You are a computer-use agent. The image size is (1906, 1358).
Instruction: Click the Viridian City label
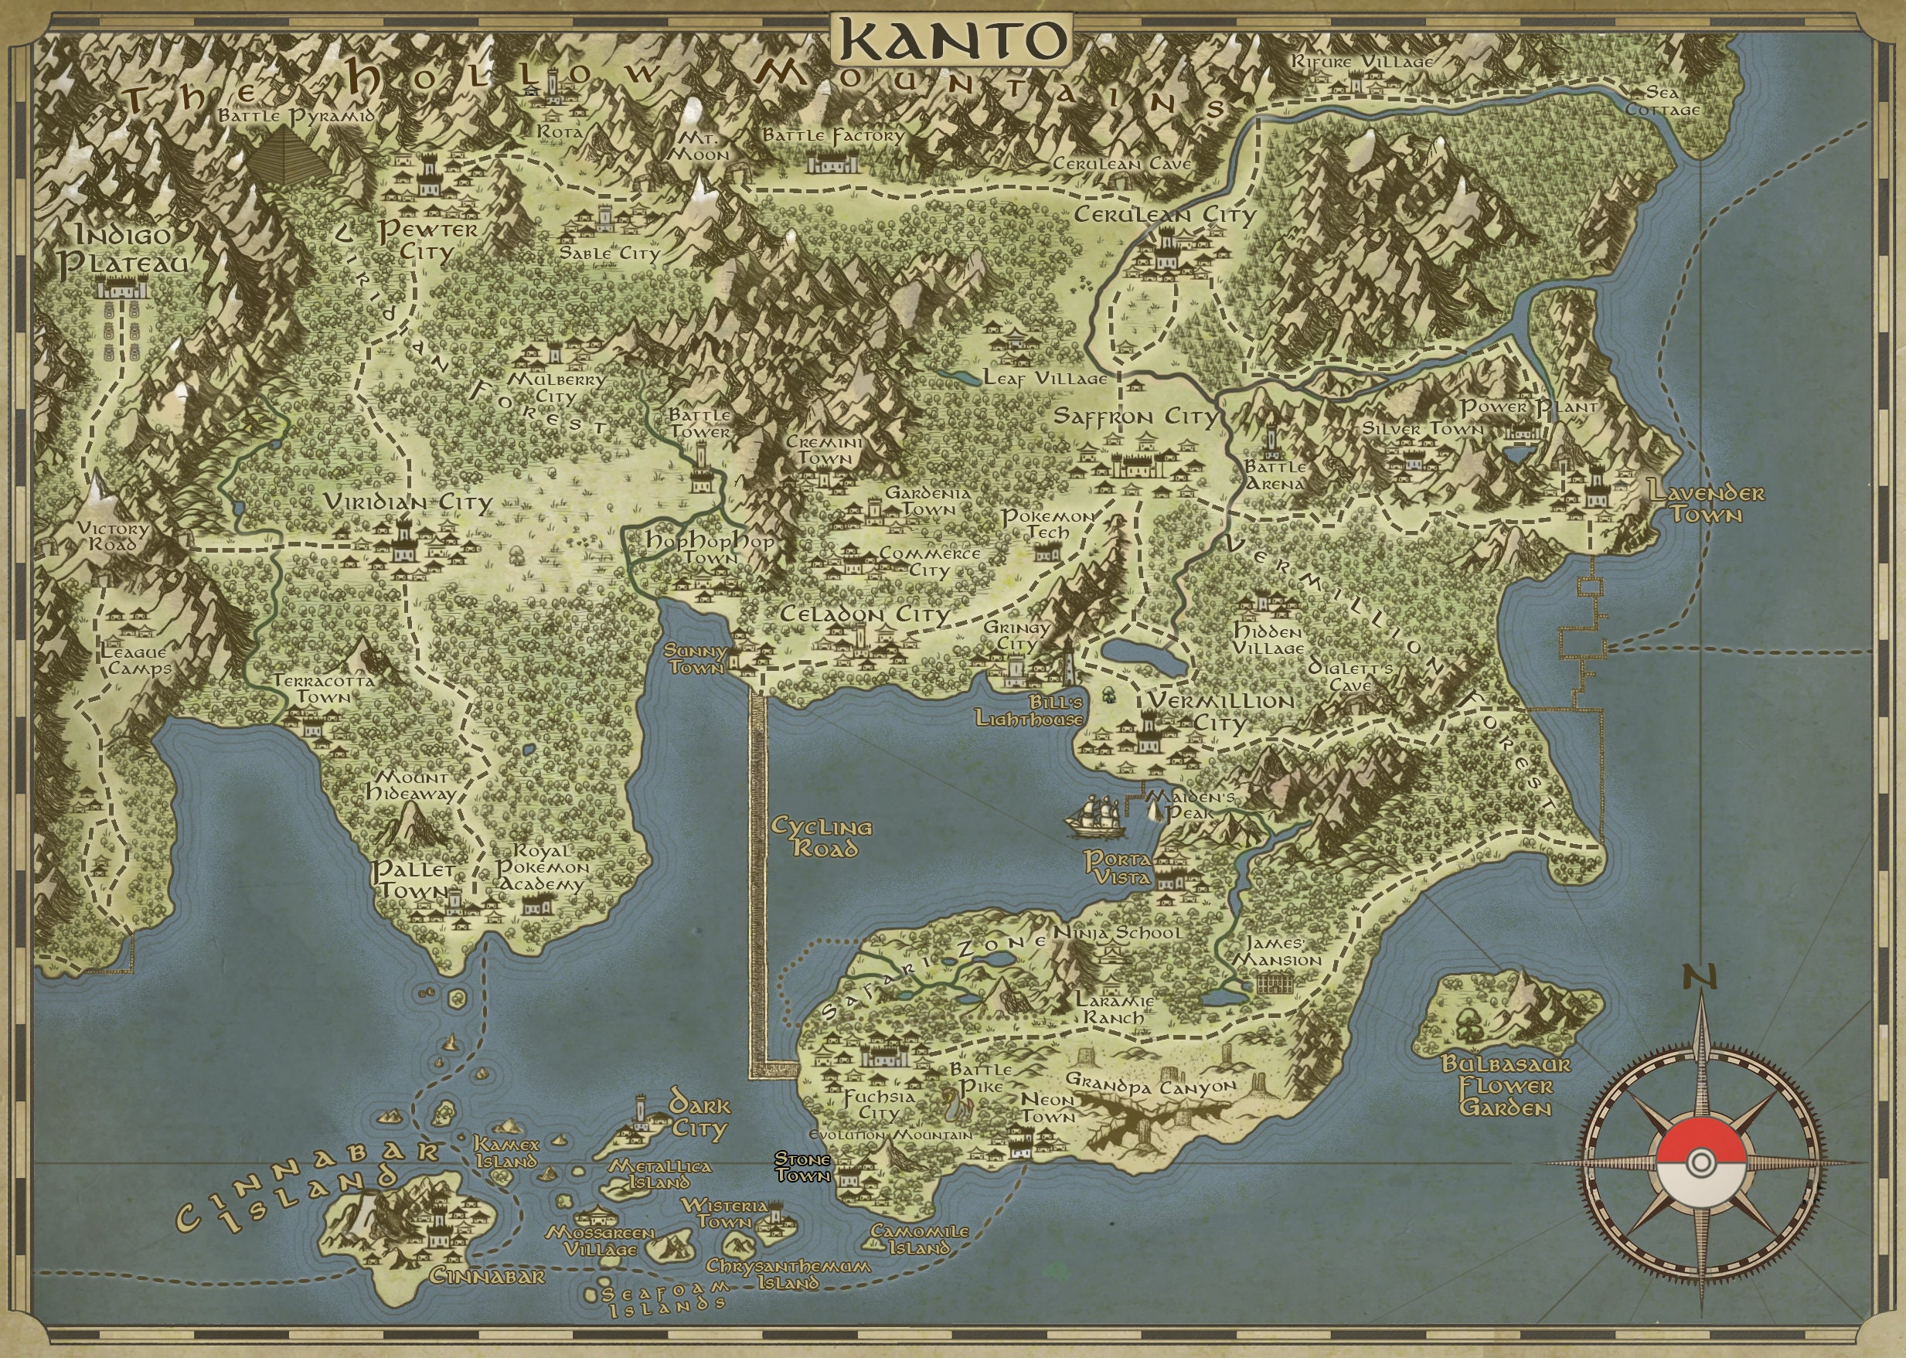click(407, 502)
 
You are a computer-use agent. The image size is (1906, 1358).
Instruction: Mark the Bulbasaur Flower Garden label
click(1506, 1086)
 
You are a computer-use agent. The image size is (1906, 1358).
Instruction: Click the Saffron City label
click(1135, 417)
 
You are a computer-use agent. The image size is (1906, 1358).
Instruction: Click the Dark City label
click(698, 1118)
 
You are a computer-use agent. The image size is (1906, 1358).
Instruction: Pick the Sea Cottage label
click(1671, 100)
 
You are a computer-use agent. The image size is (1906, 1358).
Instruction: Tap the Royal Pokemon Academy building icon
click(533, 905)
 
